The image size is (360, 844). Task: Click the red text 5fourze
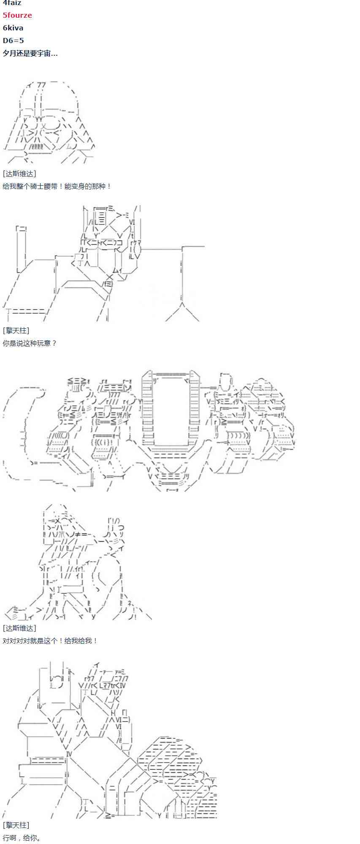coord(17,15)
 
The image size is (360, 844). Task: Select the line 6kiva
coord(13,28)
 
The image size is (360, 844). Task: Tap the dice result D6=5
coord(14,41)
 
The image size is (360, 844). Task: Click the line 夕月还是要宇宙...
coord(30,53)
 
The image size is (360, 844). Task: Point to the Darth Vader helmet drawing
coord(49,122)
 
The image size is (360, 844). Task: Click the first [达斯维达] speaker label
coord(19,173)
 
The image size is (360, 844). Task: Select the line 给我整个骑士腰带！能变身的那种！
coord(57,186)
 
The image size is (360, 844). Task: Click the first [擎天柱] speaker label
coord(16,330)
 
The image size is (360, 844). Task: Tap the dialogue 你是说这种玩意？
coord(30,343)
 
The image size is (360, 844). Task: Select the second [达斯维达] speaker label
coord(19,628)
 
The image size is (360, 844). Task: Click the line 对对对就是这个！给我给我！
coord(50,641)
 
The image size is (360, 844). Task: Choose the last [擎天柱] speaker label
coord(16,825)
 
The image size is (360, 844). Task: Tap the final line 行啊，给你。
coord(22,838)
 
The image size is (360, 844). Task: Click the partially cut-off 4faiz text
coord(12,3)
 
